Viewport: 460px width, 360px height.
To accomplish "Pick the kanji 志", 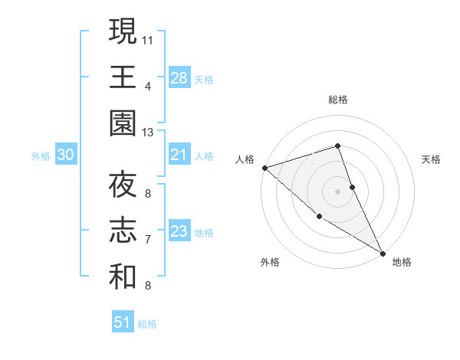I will pos(123,232).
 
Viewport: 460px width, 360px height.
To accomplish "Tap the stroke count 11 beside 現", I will pos(148,38).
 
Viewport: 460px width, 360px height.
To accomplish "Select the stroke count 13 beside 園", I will pos(148,132).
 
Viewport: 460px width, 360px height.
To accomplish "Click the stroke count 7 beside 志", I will pos(148,240).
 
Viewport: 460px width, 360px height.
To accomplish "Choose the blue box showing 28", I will pos(179,78).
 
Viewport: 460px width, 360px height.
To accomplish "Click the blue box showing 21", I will pos(179,155).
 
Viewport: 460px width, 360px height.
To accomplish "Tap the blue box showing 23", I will pos(179,232).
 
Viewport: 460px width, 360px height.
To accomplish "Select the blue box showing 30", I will pos(66,155).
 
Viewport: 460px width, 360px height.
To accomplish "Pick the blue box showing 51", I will pos(123,323).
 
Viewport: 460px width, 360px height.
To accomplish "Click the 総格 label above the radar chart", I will pos(338,100).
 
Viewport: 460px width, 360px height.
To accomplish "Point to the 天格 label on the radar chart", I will pos(432,159).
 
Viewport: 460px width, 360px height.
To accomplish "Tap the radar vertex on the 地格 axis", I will pos(383,253).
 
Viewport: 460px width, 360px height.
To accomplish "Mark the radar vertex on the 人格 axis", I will pos(264,167).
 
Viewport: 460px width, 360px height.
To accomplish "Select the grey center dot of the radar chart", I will pos(338,191).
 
